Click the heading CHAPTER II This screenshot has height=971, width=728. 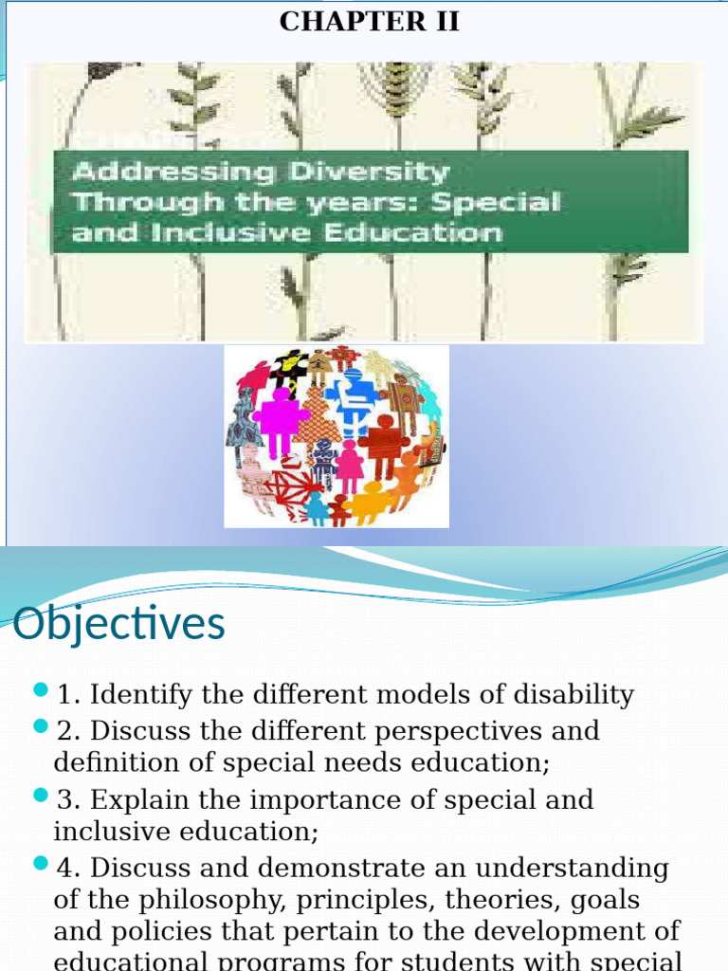[x=369, y=22]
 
